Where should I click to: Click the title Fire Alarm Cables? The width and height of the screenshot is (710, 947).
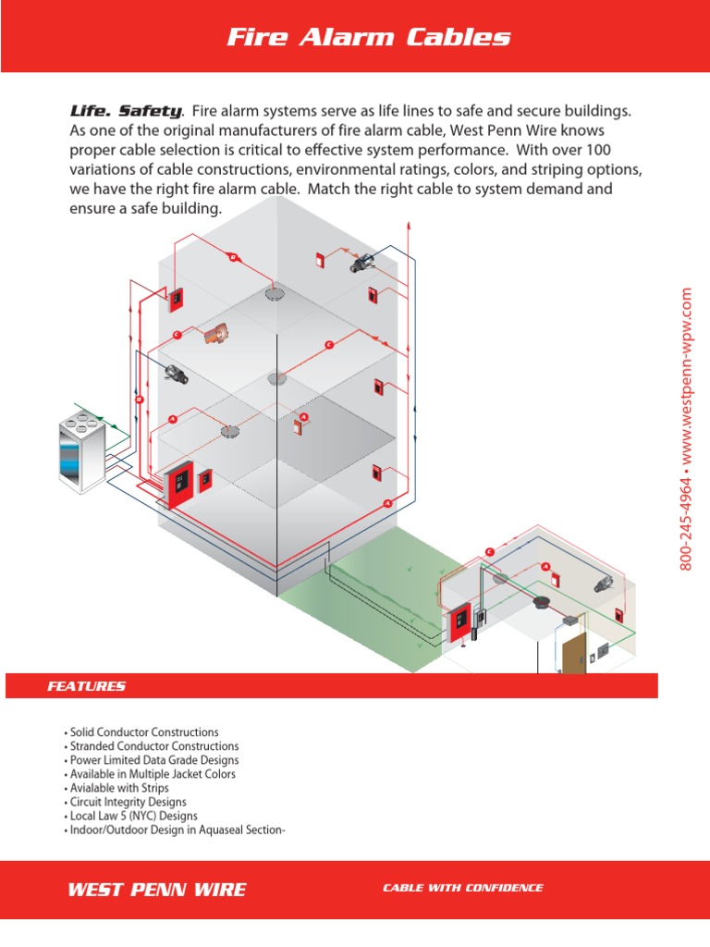click(x=368, y=37)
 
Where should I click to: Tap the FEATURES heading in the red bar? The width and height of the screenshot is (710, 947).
click(x=86, y=686)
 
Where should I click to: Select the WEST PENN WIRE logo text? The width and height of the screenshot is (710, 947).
click(x=157, y=890)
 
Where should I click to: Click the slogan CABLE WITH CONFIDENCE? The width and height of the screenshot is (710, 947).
click(x=463, y=888)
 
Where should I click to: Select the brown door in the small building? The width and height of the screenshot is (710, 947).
click(x=572, y=653)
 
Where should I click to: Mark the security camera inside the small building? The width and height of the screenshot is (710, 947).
click(x=604, y=584)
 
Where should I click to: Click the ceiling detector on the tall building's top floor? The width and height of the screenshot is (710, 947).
click(x=274, y=294)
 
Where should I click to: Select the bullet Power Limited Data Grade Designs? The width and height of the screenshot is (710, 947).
click(x=153, y=760)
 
